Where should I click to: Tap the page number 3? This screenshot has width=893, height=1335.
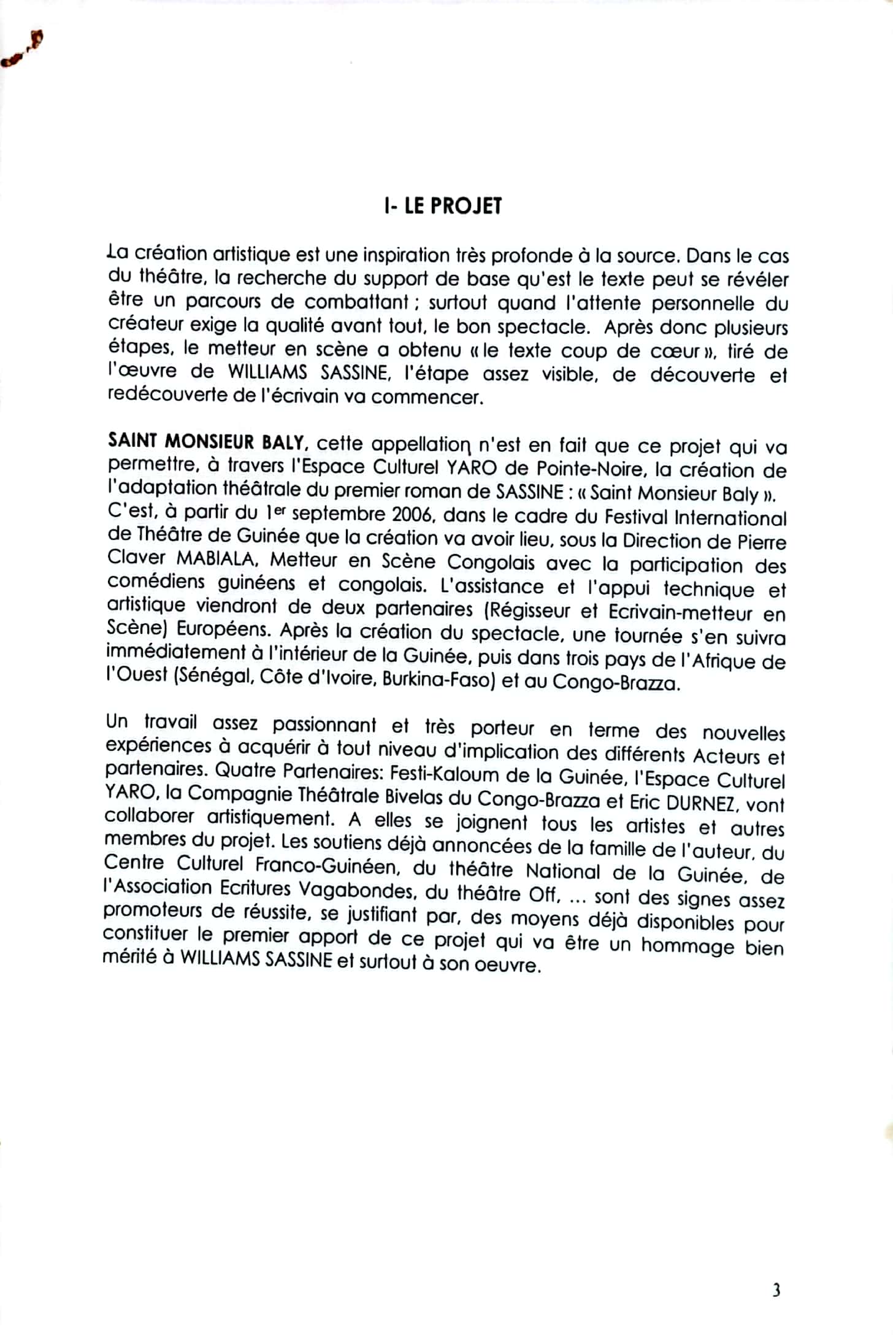pos(776,1291)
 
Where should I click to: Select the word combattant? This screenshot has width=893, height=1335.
pos(356,302)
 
